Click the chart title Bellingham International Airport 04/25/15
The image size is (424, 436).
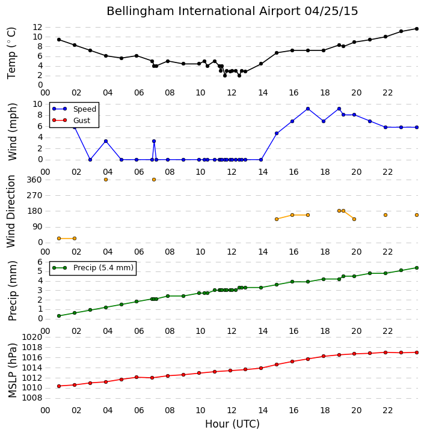pos(232,11)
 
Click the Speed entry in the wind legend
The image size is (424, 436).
pos(75,109)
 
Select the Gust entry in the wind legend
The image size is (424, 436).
pos(72,120)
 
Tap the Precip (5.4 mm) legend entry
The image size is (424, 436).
pos(93,268)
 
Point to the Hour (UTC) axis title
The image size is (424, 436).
pos(232,424)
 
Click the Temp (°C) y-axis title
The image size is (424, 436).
pos(11,53)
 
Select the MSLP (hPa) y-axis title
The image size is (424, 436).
pos(12,371)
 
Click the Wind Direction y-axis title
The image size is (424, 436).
pos(11,211)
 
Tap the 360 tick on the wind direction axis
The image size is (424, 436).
pos(34,180)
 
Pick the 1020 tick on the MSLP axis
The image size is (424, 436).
pos(32,338)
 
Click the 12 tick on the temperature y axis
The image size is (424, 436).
pos(37,27)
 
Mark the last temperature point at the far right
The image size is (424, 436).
pos(417,29)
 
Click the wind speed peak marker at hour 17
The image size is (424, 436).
pos(308,109)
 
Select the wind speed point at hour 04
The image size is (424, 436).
pos(106,141)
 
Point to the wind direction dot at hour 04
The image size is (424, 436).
pos(106,180)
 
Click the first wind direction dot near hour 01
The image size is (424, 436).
pos(59,238)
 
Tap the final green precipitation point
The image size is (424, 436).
pos(417,268)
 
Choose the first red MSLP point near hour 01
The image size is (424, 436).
pos(59,386)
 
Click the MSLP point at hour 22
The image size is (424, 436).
pos(386,353)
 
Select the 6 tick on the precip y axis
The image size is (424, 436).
pos(40,262)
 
